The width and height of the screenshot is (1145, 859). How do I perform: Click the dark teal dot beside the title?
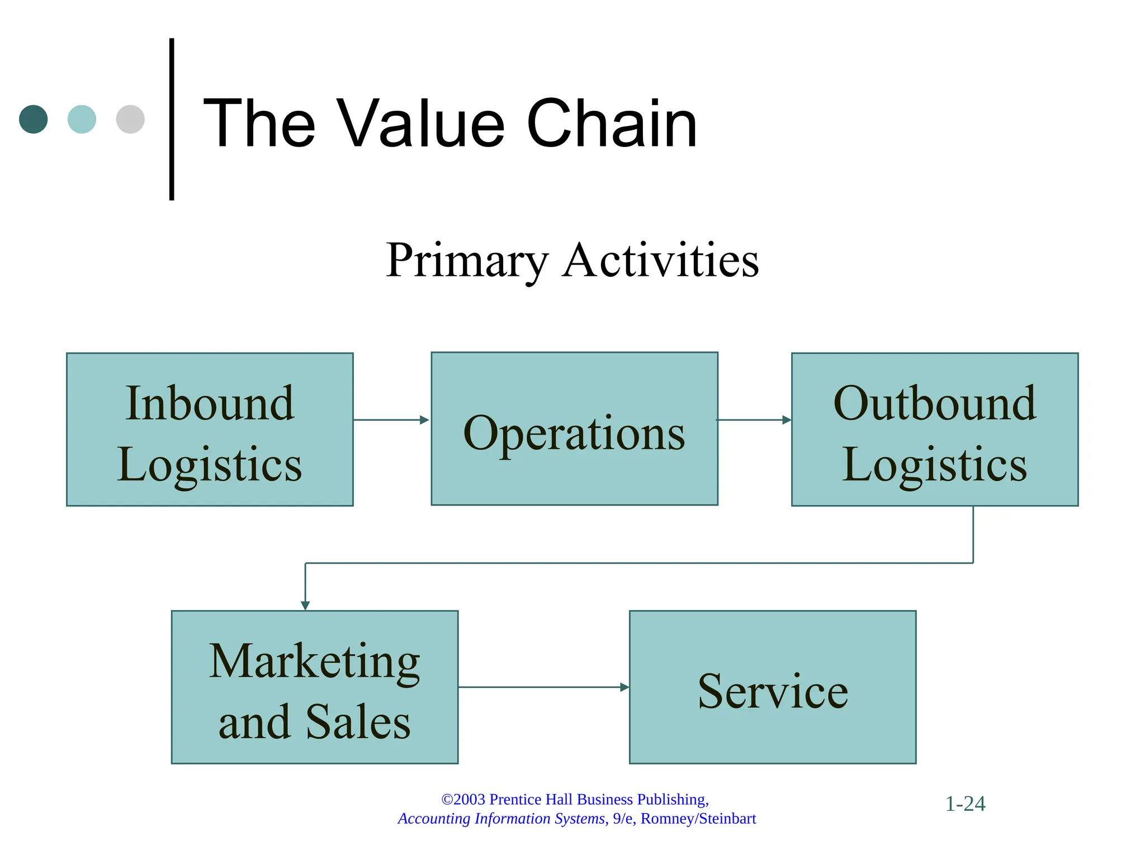34,119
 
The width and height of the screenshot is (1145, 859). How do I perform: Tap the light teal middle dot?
82,119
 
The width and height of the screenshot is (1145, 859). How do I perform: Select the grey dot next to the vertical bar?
130,119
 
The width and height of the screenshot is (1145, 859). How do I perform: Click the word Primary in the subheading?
467,261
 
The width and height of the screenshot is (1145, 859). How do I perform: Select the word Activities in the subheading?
660,261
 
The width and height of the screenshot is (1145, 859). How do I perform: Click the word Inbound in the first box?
210,403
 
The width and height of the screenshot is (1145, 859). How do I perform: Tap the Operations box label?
574,433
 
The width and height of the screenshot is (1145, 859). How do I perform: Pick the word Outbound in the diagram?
934,403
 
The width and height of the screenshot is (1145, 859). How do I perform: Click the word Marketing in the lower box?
314,662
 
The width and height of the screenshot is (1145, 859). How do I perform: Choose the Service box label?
773,691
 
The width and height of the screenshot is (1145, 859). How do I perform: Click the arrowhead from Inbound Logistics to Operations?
424,420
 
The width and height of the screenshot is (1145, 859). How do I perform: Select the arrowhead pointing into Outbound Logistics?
786,420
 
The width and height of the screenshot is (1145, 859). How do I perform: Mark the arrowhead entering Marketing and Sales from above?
305,605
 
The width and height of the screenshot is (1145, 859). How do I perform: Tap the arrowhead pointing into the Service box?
624,687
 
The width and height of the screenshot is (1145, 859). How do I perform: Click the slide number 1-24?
965,804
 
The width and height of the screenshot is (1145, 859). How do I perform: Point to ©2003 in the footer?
463,799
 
